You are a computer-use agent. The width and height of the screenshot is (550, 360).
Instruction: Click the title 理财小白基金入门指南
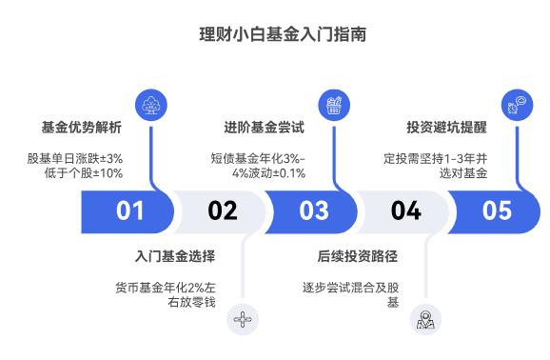275,33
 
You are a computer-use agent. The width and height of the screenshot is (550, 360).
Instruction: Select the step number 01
130,210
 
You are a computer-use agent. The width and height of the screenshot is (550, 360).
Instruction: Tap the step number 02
222,210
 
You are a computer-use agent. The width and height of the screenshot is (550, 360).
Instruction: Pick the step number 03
313,210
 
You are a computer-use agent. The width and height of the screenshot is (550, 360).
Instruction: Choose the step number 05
496,210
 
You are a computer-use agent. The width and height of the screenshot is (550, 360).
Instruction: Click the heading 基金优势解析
82,127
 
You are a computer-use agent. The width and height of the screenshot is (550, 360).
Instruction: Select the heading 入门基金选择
176,257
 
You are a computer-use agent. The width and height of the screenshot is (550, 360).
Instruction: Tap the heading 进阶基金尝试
265,127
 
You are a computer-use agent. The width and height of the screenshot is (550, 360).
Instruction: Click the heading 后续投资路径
359,257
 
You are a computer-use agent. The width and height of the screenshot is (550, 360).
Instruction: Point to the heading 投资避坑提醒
447,127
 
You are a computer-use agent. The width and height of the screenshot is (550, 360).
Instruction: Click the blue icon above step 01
150,103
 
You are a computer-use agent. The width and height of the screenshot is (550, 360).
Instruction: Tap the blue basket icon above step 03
333,103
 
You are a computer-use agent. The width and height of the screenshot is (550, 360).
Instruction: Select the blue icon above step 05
516,103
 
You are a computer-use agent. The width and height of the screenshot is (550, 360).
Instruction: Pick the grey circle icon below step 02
243,320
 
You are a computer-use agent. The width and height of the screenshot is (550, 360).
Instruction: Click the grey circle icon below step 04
424,320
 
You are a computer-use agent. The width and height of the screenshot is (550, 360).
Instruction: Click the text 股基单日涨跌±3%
75,156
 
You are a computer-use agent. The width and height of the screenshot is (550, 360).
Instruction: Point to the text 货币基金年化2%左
166,287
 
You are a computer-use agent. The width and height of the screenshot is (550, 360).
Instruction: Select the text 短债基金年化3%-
259,156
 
